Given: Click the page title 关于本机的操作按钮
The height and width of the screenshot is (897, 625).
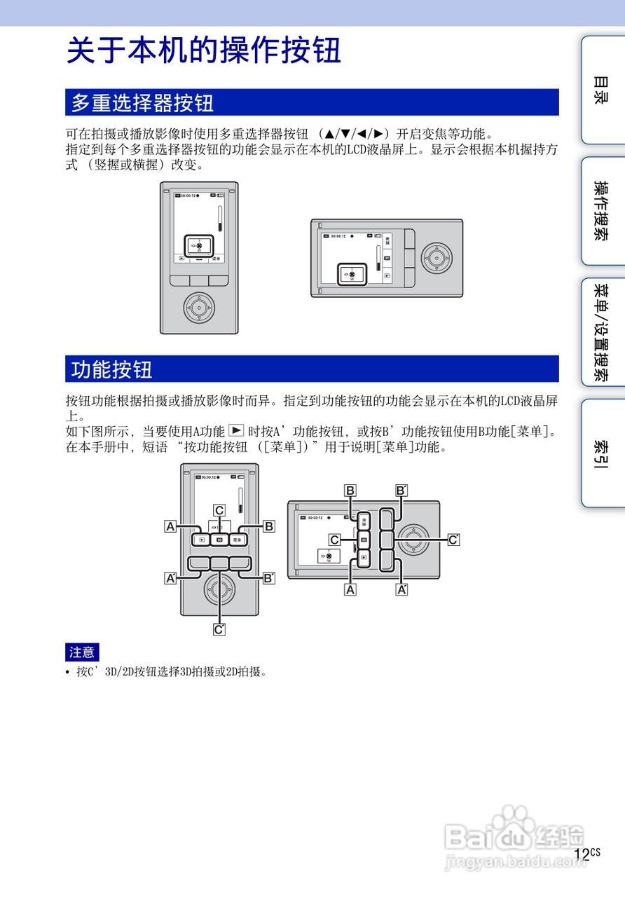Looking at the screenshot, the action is tap(204, 51).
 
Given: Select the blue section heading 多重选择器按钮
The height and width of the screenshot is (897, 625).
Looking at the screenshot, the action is tap(142, 103).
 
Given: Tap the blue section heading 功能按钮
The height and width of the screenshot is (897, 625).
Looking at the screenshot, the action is tap(112, 369).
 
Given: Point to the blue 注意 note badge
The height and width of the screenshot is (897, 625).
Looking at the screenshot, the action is tap(82, 652).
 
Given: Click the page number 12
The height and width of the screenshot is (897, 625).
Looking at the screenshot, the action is tap(581, 854).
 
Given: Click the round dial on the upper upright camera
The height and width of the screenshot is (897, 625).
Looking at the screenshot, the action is tap(199, 306).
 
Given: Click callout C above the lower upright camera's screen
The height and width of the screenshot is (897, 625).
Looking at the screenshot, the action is tap(219, 510).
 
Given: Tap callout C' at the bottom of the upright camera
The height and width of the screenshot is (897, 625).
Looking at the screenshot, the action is tap(219, 629).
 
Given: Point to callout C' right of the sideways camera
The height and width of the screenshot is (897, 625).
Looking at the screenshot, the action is tap(453, 540).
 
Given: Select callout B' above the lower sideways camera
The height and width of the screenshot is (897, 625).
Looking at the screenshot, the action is tap(401, 491).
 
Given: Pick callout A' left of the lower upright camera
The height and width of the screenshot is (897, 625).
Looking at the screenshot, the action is tap(170, 579).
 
